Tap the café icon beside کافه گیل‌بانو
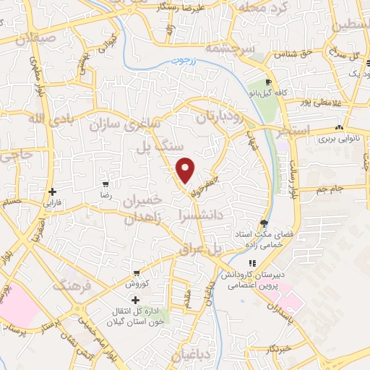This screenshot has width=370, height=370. tap(268, 82)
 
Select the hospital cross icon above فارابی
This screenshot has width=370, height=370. tap(51, 192)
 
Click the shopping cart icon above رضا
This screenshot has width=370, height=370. tap(106, 184)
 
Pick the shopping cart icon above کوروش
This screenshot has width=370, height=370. tap(135, 273)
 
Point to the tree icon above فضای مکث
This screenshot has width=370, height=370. tap(264, 223)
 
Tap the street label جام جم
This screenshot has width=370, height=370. tap(331, 189)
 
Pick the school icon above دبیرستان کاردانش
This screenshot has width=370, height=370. tap(252, 264)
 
